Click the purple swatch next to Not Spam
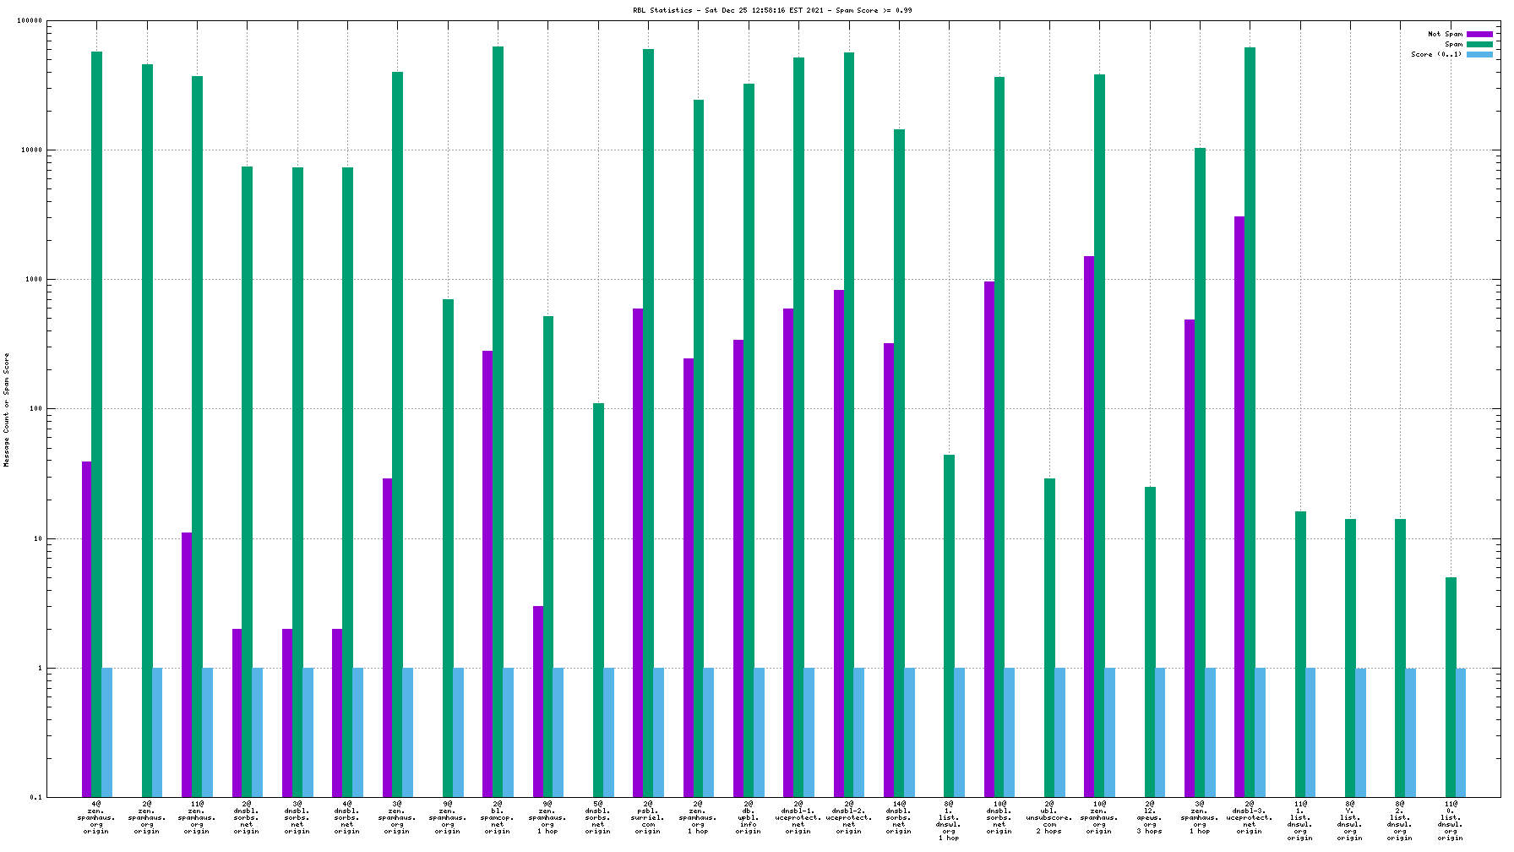(1479, 34)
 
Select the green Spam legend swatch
(1479, 44)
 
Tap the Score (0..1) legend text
(1435, 54)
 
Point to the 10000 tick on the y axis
(32, 150)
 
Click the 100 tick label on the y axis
(35, 409)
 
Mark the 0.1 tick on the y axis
(35, 797)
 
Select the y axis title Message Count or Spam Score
(7, 410)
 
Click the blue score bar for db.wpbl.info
(759, 732)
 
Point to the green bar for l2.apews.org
(1150, 642)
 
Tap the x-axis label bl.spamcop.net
(498, 817)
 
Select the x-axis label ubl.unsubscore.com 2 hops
(1049, 817)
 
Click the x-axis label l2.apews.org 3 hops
(1150, 817)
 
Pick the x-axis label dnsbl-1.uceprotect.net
(798, 817)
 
